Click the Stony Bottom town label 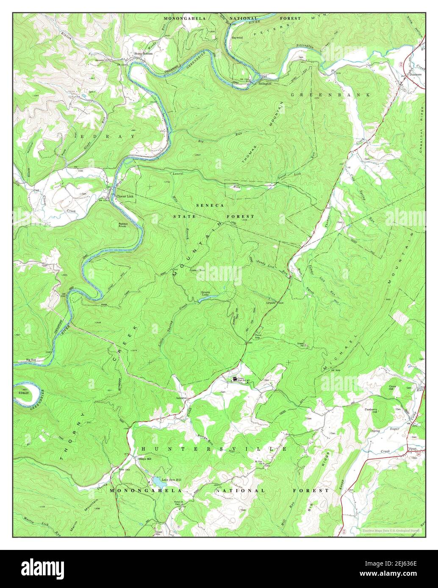(144, 54)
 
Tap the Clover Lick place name (125, 197)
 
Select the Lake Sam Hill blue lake (157, 482)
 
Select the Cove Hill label (395, 388)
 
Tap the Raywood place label (237, 38)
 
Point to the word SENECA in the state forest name (210, 205)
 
